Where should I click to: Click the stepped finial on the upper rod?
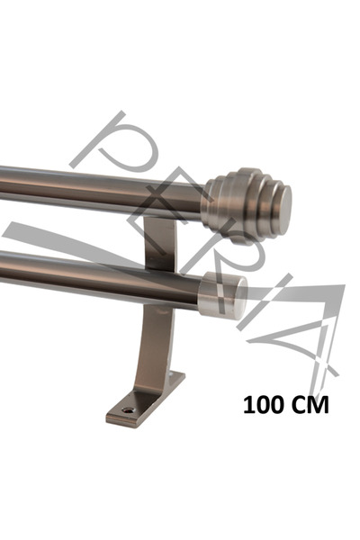point(247,205)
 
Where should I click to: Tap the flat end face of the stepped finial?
point(283,206)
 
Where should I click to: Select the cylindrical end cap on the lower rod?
point(222,294)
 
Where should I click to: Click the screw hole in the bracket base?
point(128,409)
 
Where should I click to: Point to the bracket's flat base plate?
point(146,400)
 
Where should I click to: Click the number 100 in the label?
point(263,405)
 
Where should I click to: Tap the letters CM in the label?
point(310,405)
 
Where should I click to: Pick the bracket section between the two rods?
point(160,243)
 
